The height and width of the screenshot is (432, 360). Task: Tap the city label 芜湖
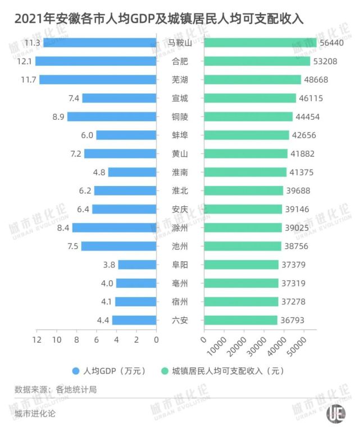(x=180, y=80)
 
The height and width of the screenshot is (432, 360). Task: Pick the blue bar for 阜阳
(x=137, y=265)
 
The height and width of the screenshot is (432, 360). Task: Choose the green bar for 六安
(x=240, y=320)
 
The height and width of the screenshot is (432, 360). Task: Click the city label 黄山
(x=180, y=154)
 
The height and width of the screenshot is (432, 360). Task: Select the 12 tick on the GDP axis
(x=37, y=339)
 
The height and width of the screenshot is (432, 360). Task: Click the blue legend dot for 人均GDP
(x=75, y=371)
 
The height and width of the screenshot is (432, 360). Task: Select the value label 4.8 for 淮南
(x=99, y=172)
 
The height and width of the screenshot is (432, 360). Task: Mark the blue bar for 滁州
(x=114, y=228)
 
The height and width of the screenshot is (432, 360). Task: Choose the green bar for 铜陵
(x=248, y=117)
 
